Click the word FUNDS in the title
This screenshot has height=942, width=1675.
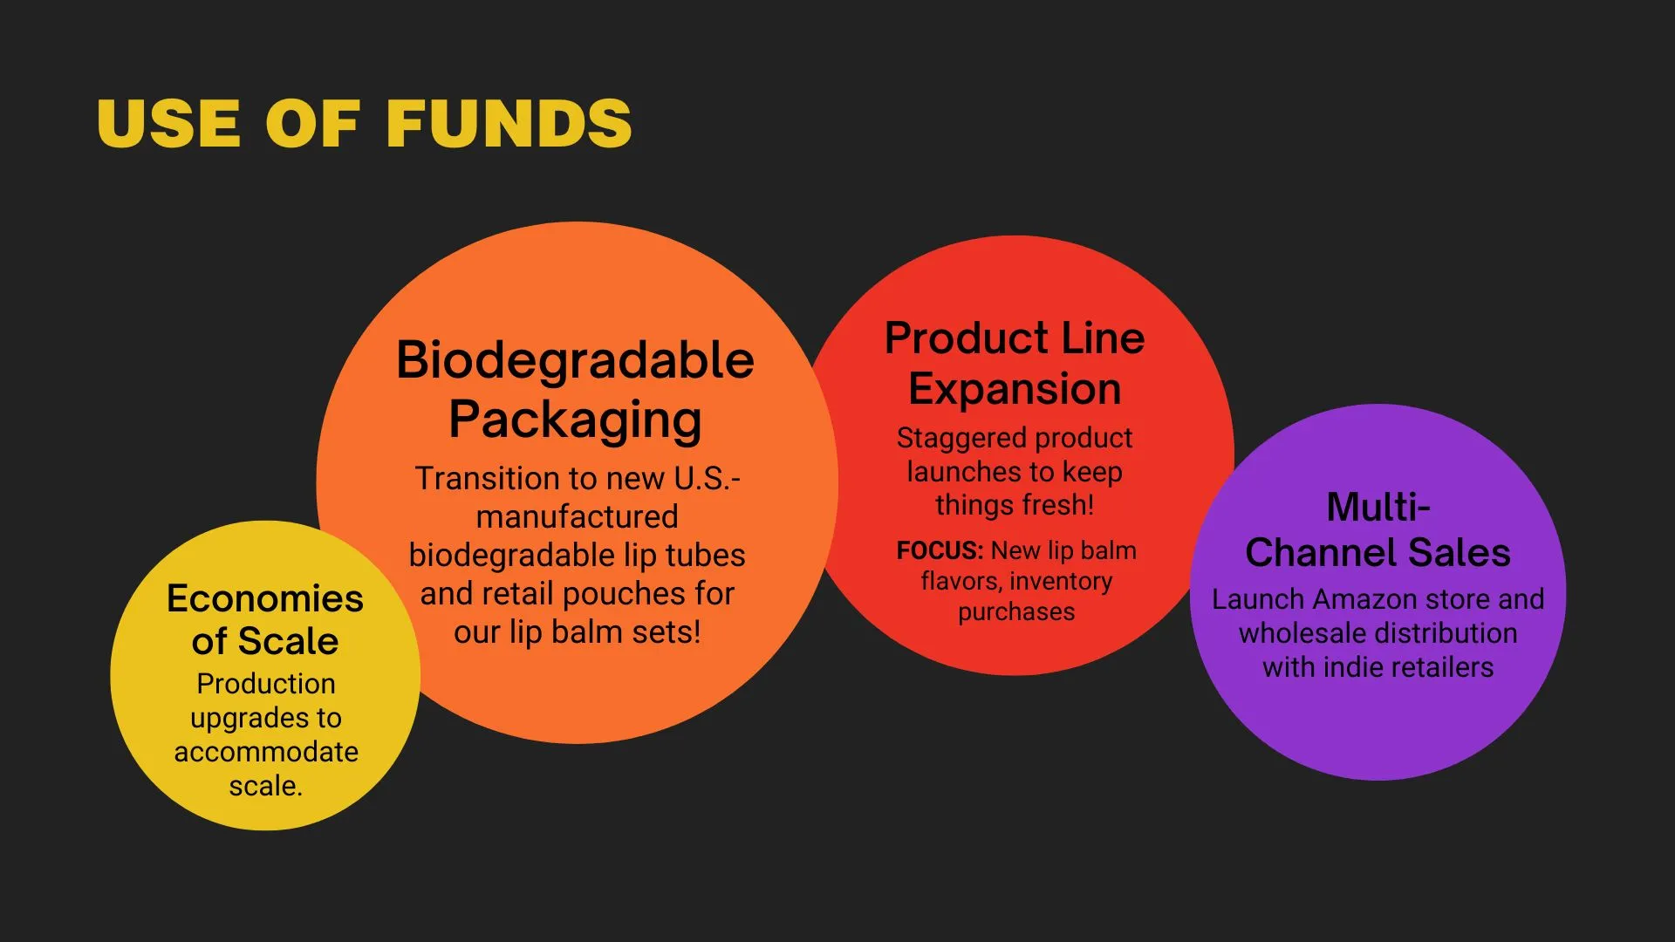[x=509, y=123]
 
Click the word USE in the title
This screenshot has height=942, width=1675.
[x=168, y=123]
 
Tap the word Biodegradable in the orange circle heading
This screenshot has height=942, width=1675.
[x=575, y=359]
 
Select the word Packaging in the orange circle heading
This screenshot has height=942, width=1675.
[x=575, y=420]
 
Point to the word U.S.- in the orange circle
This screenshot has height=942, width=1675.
[x=708, y=478]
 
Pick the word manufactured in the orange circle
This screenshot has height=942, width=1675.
[x=577, y=516]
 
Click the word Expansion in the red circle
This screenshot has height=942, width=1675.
[x=1015, y=389]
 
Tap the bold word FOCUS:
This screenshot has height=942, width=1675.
[x=940, y=550]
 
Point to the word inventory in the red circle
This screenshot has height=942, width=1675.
[x=1061, y=582]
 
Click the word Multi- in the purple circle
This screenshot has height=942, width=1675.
[x=1378, y=507]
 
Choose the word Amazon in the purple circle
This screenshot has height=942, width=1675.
[x=1366, y=599]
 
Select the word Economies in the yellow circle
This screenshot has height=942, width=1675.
[x=265, y=598]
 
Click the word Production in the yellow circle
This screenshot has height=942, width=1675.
[x=266, y=684]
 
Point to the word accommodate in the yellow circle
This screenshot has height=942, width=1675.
[x=266, y=752]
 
